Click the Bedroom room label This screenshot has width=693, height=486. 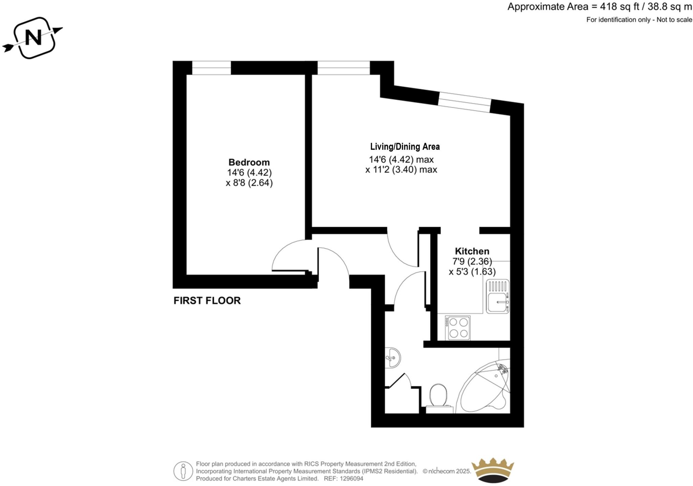(x=249, y=162)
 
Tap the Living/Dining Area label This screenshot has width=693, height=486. (x=405, y=147)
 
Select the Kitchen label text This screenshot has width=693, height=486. (x=472, y=251)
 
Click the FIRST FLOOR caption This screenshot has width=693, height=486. (x=207, y=301)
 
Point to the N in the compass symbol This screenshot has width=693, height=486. (x=33, y=38)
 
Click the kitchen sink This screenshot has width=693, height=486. (x=498, y=296)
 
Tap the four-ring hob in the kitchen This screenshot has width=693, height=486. (x=457, y=328)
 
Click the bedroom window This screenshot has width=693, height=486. (x=211, y=68)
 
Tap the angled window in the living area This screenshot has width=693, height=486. (x=465, y=102)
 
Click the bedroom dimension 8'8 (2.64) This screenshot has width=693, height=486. (x=249, y=183)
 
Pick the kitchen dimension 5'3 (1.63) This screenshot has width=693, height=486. (x=472, y=272)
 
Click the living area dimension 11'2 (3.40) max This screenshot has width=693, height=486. (x=401, y=170)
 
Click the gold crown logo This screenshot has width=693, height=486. (x=493, y=470)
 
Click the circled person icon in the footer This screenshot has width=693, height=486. (x=183, y=471)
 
